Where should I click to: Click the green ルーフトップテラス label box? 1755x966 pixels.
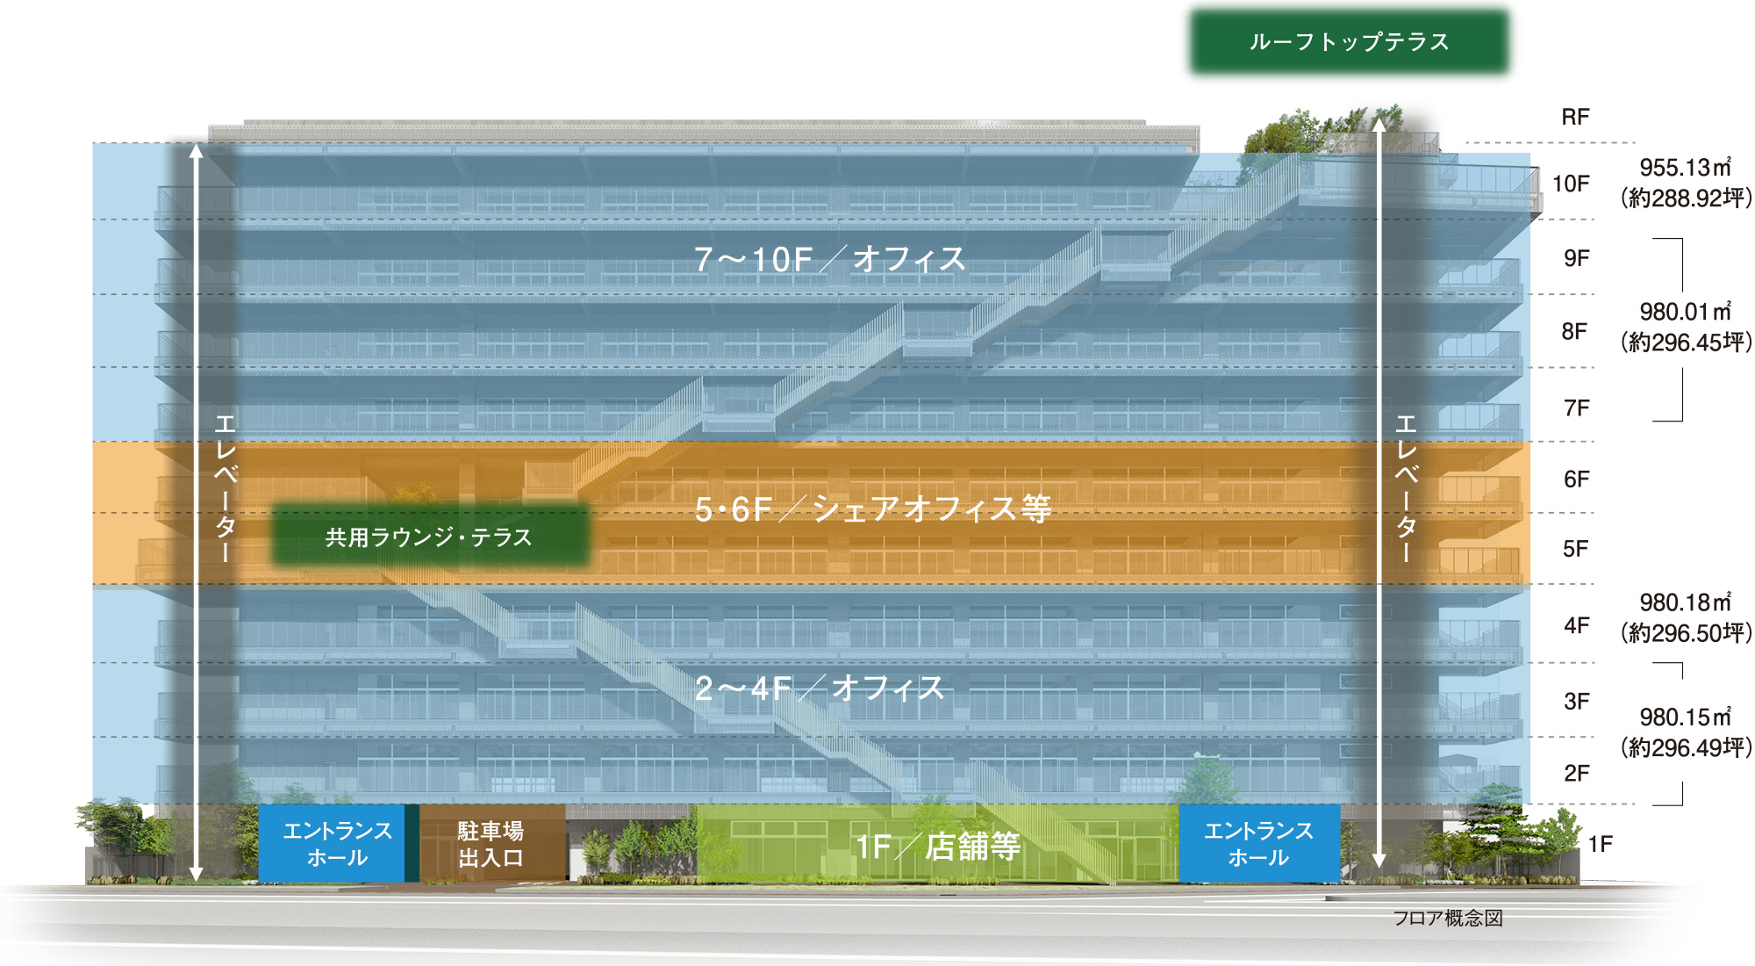[1349, 41]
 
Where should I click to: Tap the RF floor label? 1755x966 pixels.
[1575, 117]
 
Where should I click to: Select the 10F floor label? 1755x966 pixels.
[1571, 184]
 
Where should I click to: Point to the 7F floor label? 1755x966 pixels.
[1576, 407]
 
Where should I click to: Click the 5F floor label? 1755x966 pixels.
[1575, 549]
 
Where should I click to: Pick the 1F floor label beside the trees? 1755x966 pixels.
[1601, 844]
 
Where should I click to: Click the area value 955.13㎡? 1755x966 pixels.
[1685, 167]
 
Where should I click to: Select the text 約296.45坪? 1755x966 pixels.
[1686, 342]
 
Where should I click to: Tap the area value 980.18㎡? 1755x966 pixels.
[1685, 602]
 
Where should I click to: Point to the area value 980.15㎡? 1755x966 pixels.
[1685, 717]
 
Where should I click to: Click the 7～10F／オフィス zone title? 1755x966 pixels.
[829, 259]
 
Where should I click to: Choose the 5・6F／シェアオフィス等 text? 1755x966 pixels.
[872, 508]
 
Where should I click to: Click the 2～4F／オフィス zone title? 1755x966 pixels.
[819, 688]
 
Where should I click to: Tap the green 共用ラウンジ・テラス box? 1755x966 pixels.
[429, 537]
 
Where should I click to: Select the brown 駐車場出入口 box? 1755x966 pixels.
[491, 844]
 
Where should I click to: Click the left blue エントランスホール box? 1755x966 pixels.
[337, 844]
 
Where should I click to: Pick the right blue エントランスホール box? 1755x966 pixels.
[1258, 844]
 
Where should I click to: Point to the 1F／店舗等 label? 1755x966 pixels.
[937, 846]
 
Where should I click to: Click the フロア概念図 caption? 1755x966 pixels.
[1448, 918]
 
